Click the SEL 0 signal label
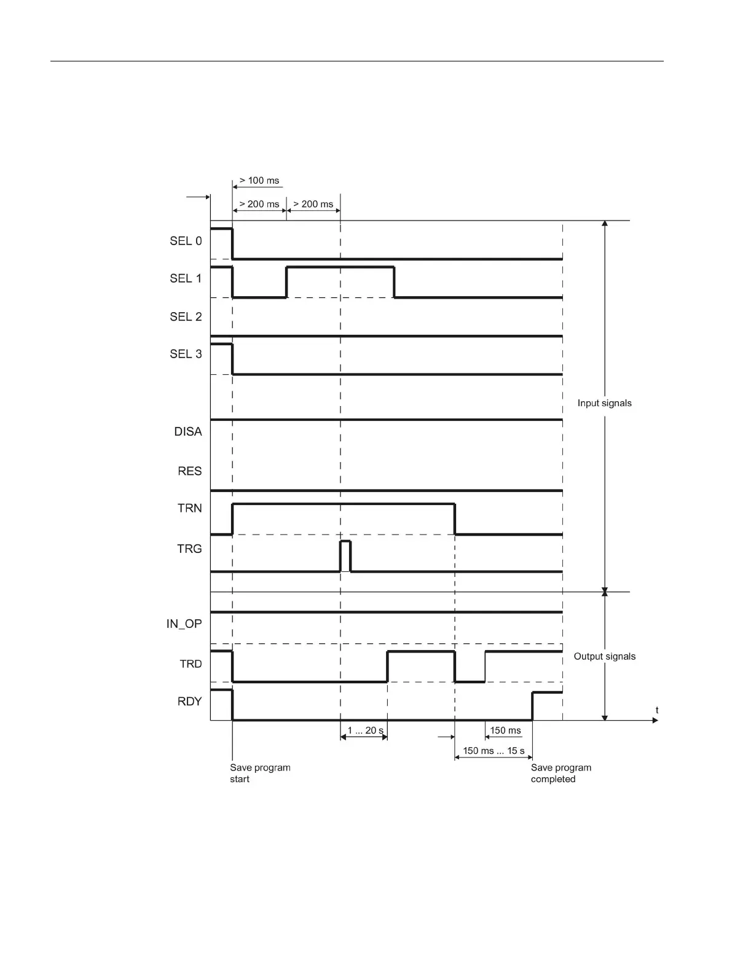186,241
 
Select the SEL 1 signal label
186,278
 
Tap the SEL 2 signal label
186,316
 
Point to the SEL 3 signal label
186,354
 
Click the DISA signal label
187,432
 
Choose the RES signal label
189,471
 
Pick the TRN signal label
189,508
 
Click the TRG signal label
189,549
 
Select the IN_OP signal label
184,624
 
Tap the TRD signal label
191,664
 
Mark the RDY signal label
189,701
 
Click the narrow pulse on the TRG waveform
345,555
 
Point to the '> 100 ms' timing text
259,181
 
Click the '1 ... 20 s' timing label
365,730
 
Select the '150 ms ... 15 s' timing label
494,751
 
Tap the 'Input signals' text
604,403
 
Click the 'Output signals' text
604,656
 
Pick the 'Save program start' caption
260,773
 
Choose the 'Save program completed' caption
561,773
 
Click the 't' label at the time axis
657,710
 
